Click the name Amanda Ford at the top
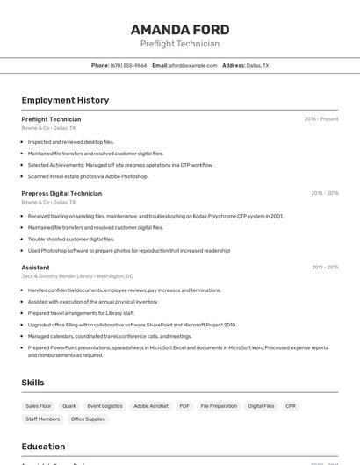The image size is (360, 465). point(180,29)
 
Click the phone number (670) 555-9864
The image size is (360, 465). point(128,65)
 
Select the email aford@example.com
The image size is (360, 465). point(192,65)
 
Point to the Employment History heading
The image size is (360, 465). point(65,100)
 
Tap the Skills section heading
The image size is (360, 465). point(32,383)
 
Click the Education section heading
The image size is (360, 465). point(43,446)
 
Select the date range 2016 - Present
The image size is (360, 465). point(321,119)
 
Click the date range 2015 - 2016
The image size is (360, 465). point(324,193)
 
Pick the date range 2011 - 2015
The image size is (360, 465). point(325,268)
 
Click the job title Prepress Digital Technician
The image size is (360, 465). point(61,193)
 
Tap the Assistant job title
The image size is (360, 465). point(35,268)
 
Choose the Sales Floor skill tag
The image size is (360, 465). point(39,406)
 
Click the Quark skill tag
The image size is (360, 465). point(69,406)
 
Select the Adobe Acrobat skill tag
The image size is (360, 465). point(150,406)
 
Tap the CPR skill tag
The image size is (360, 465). point(291,406)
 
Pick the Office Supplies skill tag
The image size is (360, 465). point(88,419)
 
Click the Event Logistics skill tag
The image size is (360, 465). point(104,406)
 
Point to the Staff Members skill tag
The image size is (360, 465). point(43,419)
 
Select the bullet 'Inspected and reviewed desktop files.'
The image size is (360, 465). point(71,141)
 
